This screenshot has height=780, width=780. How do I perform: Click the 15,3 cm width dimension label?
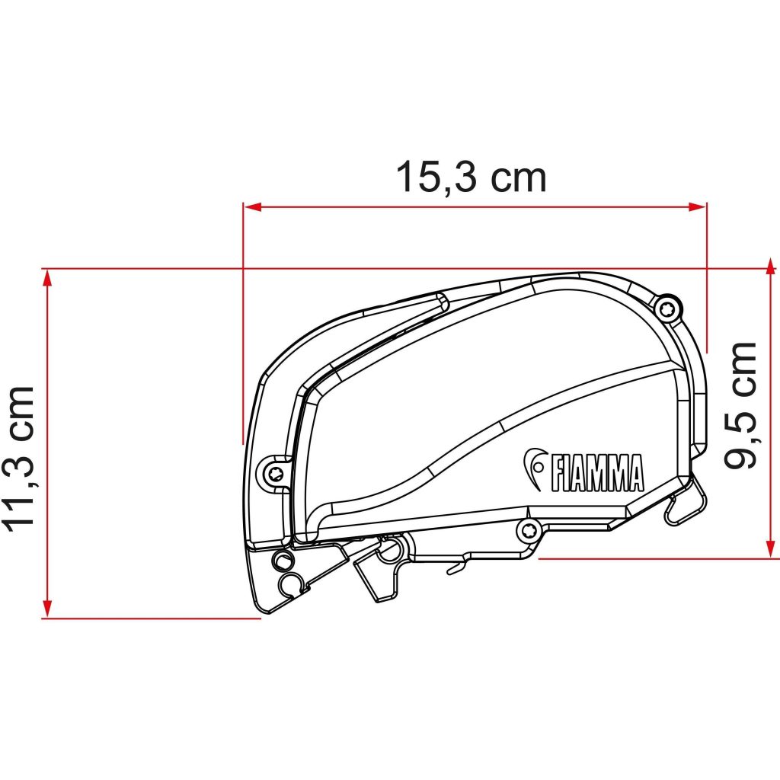point(471,177)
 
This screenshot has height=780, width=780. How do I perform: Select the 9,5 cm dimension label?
point(740,405)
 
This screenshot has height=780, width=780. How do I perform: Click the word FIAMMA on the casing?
point(596,472)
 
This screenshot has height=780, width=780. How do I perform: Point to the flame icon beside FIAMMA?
point(534,468)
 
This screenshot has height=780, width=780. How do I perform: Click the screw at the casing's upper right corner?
point(667,309)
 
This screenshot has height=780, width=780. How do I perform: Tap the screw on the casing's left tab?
point(275,473)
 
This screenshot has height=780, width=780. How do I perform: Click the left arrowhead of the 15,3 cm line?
point(252,207)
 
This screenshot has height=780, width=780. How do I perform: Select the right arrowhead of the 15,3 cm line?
point(697,207)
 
